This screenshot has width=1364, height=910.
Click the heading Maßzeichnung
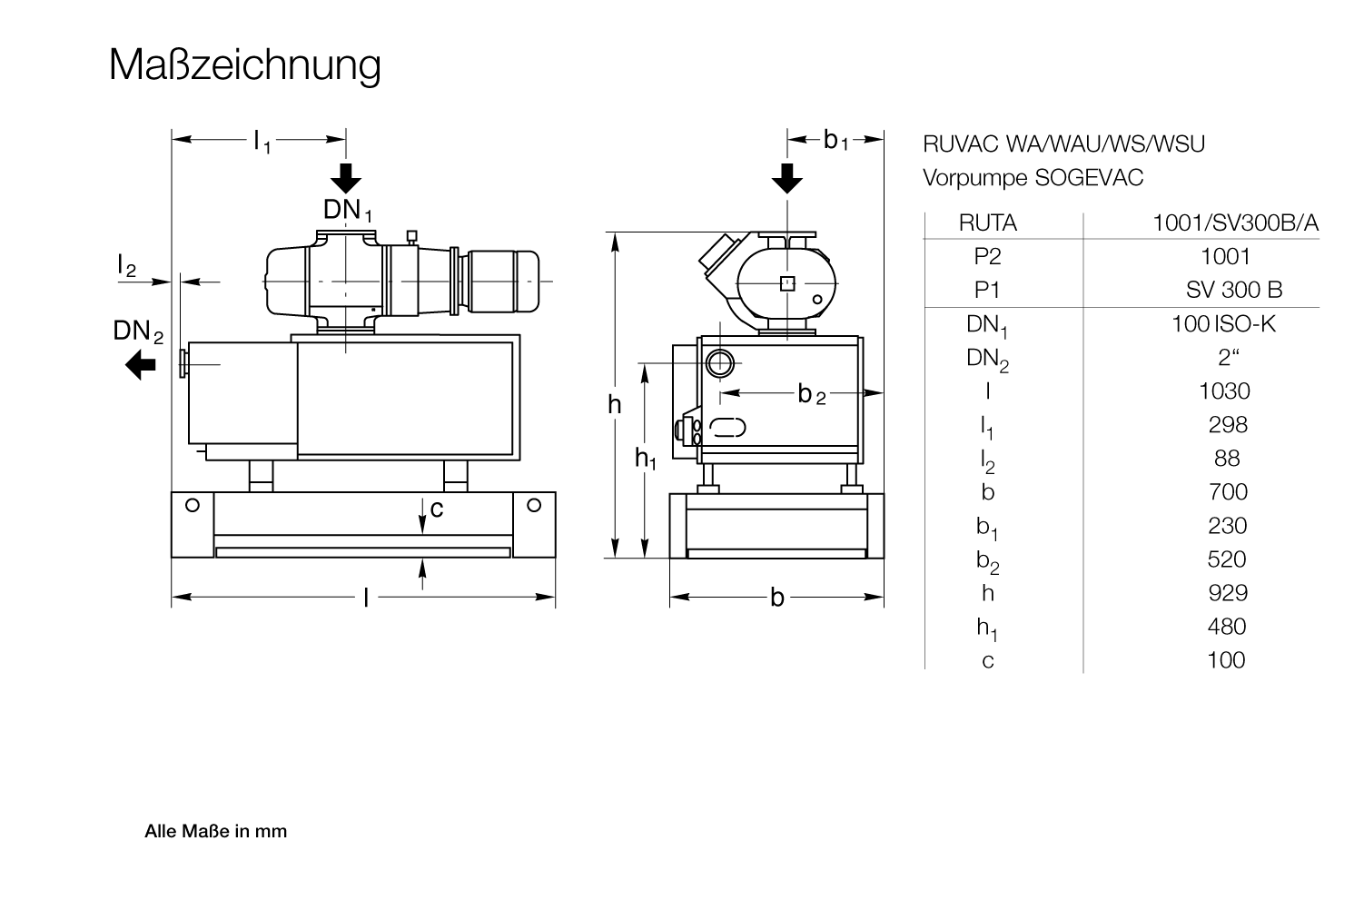tap(244, 65)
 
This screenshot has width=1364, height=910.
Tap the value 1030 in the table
tap(1224, 391)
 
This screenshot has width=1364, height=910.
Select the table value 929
tap(1227, 593)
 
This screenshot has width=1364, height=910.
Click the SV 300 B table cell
tap(1233, 291)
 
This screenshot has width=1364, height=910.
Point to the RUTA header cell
tap(987, 223)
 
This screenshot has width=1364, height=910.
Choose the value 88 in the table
tap(1226, 459)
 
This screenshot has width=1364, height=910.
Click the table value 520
tap(1226, 559)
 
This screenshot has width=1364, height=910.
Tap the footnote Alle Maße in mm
tap(216, 831)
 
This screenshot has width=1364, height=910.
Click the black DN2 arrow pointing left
tap(141, 366)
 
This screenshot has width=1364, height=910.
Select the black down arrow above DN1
tap(346, 178)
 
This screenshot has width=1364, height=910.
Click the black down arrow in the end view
tap(787, 178)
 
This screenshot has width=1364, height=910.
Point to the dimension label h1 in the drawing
tap(645, 460)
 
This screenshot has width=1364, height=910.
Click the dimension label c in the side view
tap(437, 509)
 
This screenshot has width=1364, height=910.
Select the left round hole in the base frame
tap(193, 505)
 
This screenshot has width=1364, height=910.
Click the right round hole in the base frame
tap(534, 505)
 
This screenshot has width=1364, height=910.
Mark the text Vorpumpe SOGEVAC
tap(1033, 178)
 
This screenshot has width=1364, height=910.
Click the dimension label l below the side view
tap(366, 598)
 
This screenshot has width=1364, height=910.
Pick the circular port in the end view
tap(721, 363)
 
